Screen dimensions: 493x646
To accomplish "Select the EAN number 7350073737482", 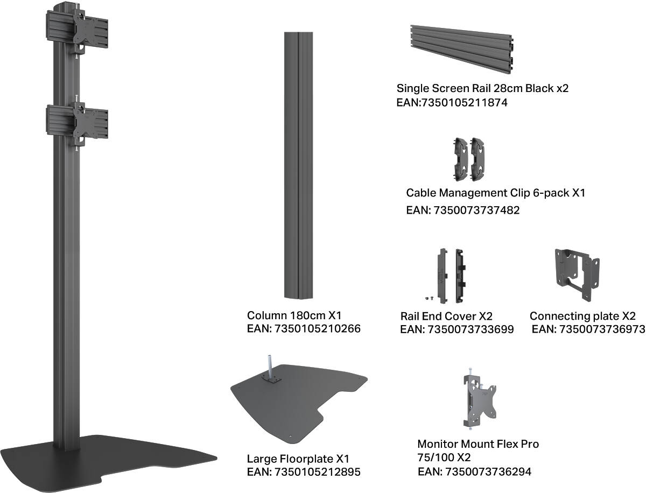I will (476, 210).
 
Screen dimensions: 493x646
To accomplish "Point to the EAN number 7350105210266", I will (317, 328).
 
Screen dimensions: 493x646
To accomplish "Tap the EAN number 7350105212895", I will (317, 472).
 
